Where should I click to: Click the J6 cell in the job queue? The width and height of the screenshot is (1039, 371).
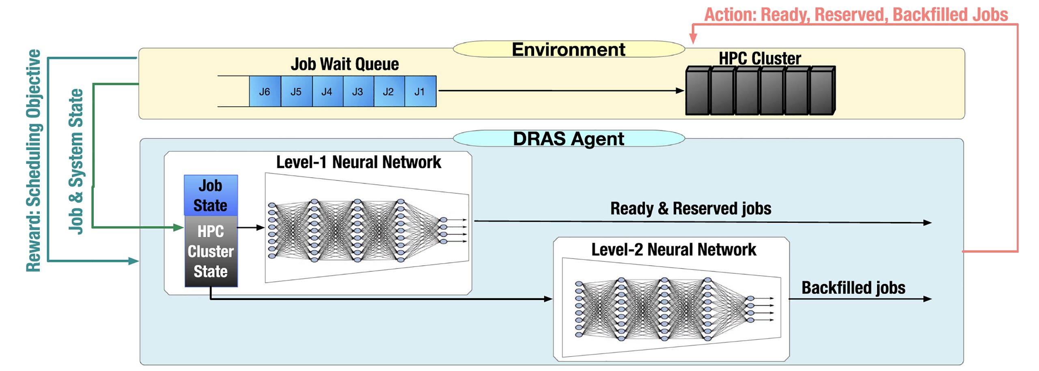click(x=265, y=92)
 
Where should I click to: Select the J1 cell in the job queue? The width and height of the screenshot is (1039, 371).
click(x=420, y=92)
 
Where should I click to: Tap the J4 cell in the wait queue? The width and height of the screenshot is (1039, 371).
click(x=327, y=92)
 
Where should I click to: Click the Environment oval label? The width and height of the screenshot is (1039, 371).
click(x=568, y=49)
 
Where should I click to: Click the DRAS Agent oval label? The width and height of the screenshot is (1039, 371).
click(x=568, y=139)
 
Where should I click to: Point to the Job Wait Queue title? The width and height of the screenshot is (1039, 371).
click(x=345, y=64)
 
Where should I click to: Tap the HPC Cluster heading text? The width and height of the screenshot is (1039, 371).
click(x=760, y=58)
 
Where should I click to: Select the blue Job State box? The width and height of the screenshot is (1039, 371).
click(x=211, y=195)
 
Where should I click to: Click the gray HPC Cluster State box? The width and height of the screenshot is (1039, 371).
click(x=211, y=251)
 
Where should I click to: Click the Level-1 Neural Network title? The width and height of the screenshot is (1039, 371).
click(x=358, y=162)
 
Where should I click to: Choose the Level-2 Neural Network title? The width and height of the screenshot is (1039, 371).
click(x=673, y=249)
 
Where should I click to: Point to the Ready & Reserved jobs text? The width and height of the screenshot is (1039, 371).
click(x=690, y=208)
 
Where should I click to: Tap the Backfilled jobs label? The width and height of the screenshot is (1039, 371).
click(x=853, y=288)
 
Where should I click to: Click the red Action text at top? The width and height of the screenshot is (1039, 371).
click(x=856, y=15)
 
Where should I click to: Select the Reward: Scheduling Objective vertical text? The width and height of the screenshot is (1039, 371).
click(x=34, y=160)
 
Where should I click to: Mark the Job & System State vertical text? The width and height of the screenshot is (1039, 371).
click(x=76, y=161)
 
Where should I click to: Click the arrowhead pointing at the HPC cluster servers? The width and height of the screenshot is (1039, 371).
click(x=680, y=91)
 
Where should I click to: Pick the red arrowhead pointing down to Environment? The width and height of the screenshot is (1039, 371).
click(x=693, y=39)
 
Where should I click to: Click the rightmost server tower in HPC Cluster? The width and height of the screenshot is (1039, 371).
click(x=822, y=91)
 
